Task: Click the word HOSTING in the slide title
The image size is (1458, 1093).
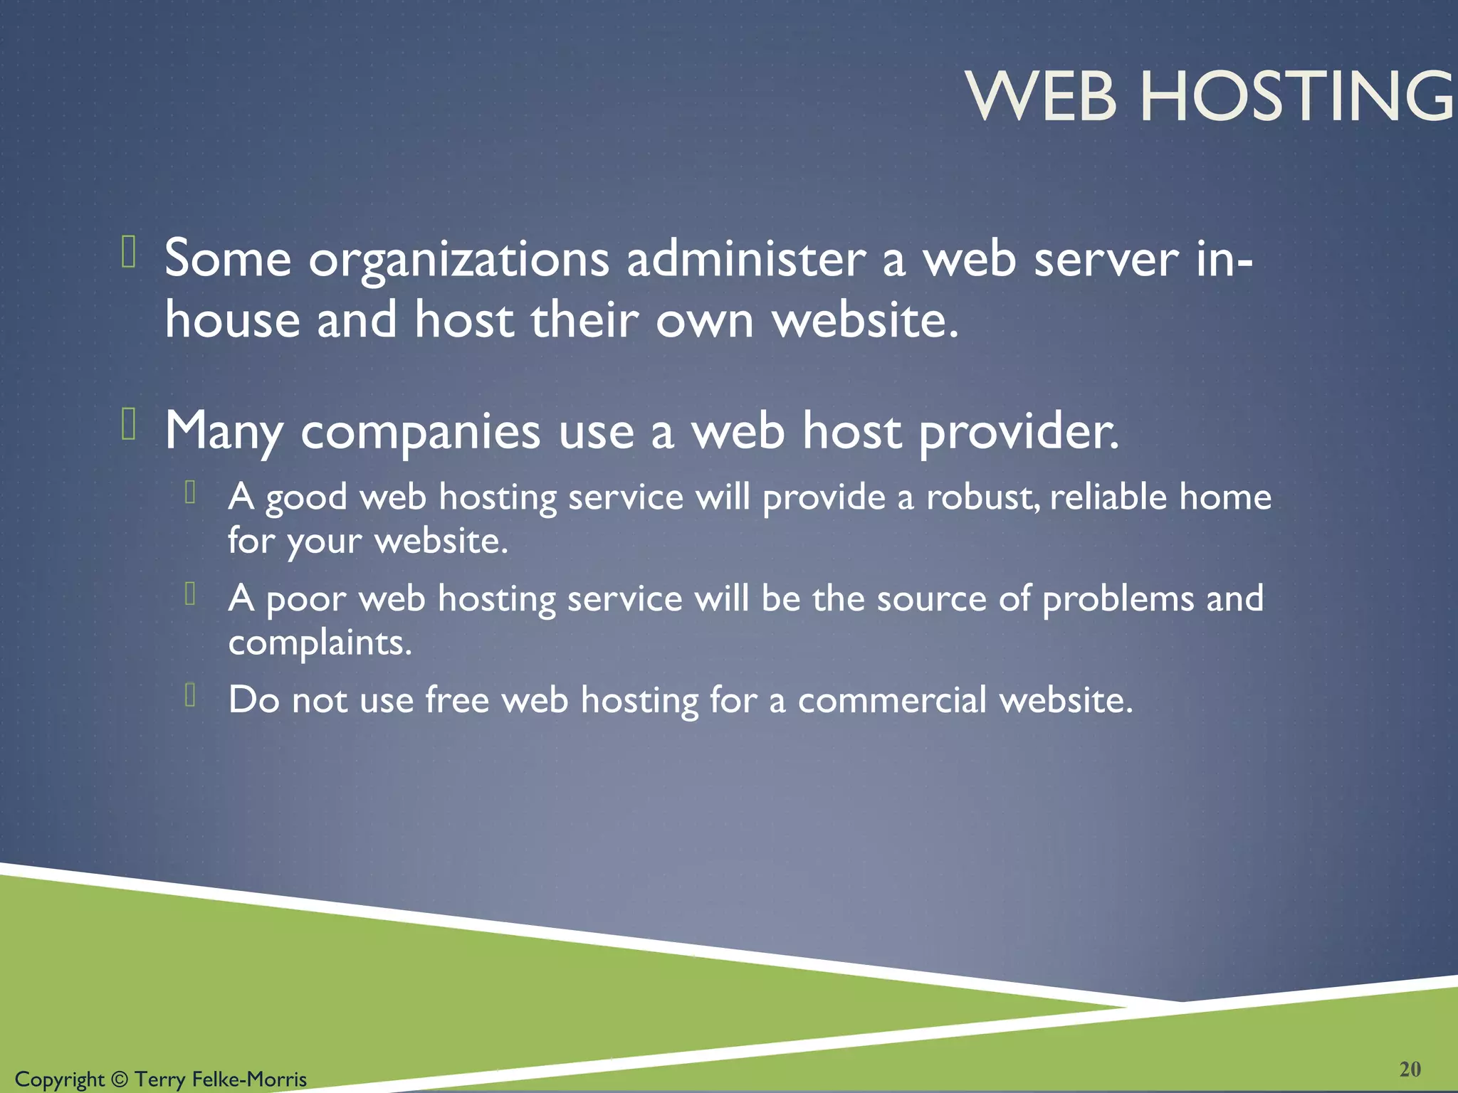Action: click(x=1297, y=97)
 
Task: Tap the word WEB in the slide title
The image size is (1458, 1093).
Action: click(x=1041, y=97)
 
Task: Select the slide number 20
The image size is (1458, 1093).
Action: click(x=1410, y=1069)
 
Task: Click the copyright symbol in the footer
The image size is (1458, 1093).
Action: click(x=119, y=1079)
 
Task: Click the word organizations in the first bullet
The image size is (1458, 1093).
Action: click(x=458, y=260)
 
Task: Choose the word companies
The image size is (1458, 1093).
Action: click(x=420, y=433)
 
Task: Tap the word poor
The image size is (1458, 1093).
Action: click(x=305, y=600)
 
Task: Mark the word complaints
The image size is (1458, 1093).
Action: click(x=320, y=643)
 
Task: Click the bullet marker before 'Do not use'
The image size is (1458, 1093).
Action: click(x=190, y=694)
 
